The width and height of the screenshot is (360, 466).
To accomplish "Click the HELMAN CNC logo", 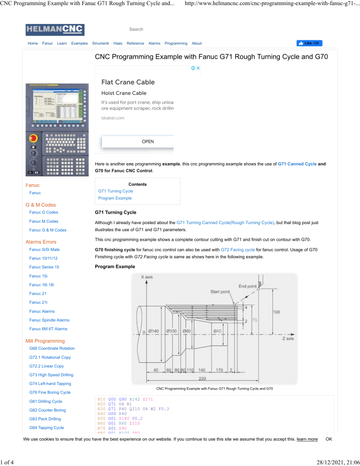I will point(55,30).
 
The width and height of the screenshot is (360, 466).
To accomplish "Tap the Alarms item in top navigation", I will point(154,43).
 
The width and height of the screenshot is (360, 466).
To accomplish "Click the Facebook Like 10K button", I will point(309,43).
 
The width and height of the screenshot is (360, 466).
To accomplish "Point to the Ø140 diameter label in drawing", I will point(154,331).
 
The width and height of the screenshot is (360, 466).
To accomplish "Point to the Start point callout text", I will point(220,292).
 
